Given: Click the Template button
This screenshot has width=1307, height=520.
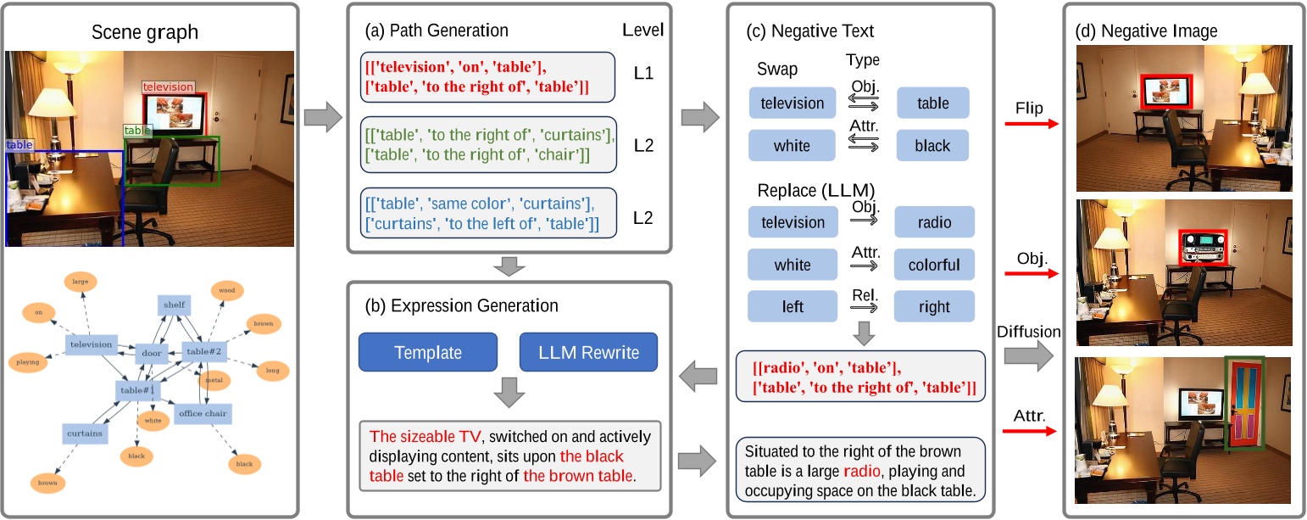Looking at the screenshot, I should pyautogui.click(x=427, y=352).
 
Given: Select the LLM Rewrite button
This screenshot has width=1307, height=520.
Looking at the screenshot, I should pyautogui.click(x=588, y=352).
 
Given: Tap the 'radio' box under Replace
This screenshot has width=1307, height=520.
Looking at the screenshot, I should pyautogui.click(x=934, y=222).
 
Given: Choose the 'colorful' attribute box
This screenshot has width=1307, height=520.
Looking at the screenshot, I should pyautogui.click(x=934, y=265).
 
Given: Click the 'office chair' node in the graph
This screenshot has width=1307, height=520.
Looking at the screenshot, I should pyautogui.click(x=202, y=413).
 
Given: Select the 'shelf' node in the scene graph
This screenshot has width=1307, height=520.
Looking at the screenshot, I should pyautogui.click(x=175, y=305).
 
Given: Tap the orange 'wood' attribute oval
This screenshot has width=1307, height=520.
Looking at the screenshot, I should pyautogui.click(x=227, y=291).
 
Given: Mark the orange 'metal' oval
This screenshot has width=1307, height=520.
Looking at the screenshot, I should pyautogui.click(x=214, y=380).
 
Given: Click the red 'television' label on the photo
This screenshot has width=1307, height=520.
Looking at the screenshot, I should pyautogui.click(x=168, y=87).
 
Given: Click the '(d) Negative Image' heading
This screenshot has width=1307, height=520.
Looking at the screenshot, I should pyautogui.click(x=1146, y=31).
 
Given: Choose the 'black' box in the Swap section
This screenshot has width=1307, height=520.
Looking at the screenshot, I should pyautogui.click(x=932, y=145).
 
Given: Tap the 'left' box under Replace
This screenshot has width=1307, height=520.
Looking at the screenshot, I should pyautogui.click(x=792, y=307).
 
